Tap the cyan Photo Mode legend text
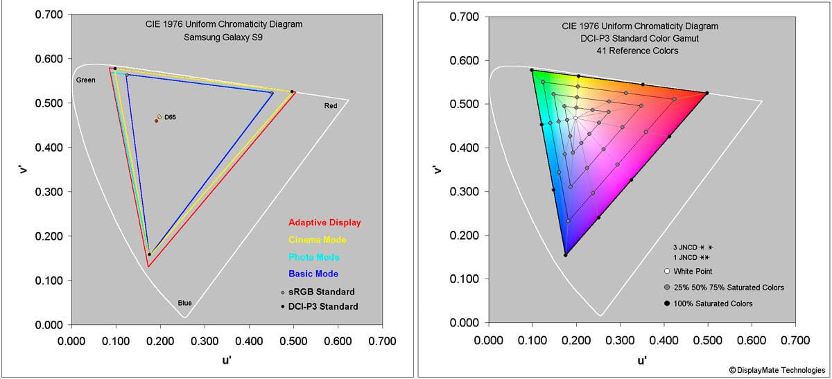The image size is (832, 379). coord(313,257)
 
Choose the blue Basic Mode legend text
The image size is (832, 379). coord(313,274)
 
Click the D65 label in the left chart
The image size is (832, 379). coord(170,118)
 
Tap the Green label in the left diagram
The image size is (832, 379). coord(85,80)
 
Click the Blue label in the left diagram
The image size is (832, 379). coord(184,303)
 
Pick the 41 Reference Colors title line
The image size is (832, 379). coord(640,51)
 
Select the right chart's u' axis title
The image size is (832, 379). coord(641,360)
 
